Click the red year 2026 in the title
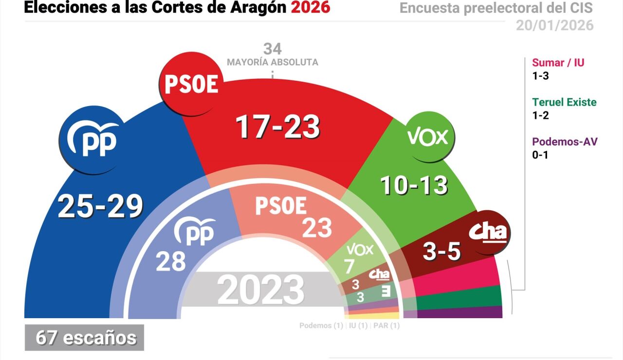(x=310, y=7)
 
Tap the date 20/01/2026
(x=555, y=25)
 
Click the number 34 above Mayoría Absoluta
(x=273, y=49)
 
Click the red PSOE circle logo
(x=191, y=84)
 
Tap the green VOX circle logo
(x=427, y=138)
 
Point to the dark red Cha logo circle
(x=487, y=233)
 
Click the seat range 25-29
(x=100, y=206)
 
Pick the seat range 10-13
(x=414, y=185)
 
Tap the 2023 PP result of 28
(x=171, y=261)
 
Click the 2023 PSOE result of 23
(x=317, y=228)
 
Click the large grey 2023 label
(x=261, y=289)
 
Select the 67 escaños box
(x=85, y=338)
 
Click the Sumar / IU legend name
(x=558, y=63)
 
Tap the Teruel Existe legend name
(x=564, y=102)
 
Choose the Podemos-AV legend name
(x=565, y=142)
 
